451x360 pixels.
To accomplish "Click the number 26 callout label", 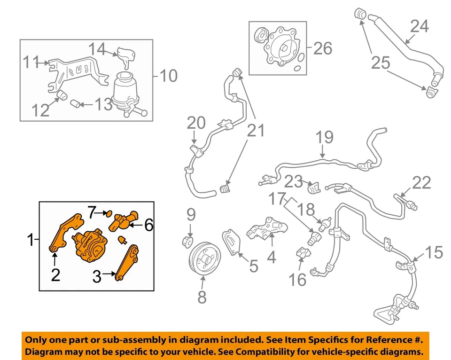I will pos(323,48).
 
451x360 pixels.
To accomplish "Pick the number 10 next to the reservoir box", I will pos(168,75).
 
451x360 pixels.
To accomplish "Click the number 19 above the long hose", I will pos(324,137).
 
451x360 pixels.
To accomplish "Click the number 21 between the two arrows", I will pos(256,131).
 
